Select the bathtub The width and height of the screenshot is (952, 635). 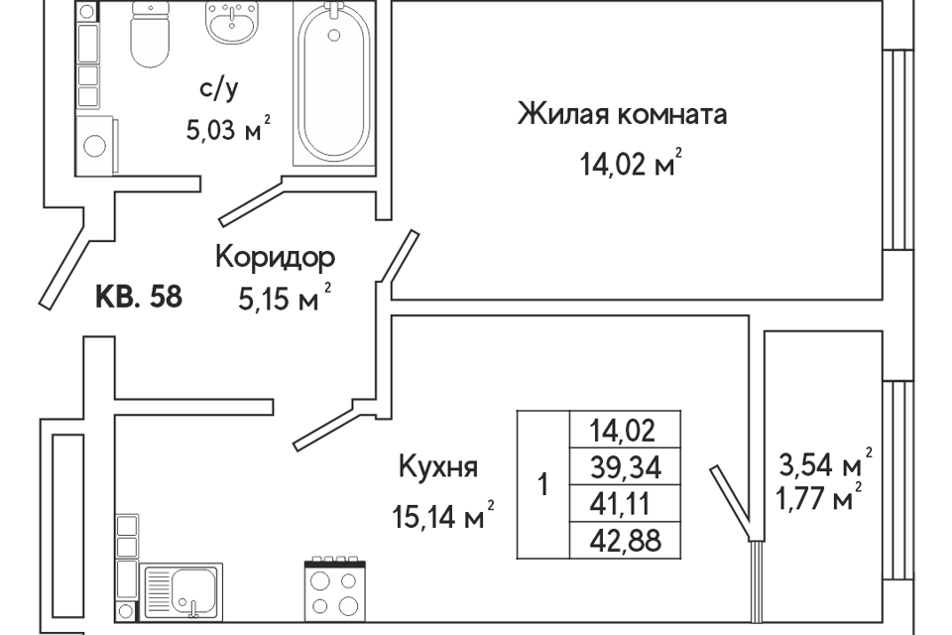(334, 82)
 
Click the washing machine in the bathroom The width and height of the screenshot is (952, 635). (97, 145)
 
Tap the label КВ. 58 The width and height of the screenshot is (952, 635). (139, 297)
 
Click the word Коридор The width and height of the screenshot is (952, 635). (275, 258)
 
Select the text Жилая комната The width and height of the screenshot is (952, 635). (623, 114)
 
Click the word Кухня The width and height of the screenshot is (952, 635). (438, 468)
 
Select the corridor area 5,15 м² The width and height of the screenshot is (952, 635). (285, 300)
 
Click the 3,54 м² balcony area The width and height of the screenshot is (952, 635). (826, 465)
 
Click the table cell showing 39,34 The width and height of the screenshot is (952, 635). (626, 467)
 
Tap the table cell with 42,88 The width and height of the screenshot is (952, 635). (626, 540)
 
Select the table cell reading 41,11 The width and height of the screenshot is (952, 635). (626, 504)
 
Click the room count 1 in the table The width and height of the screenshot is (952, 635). (543, 485)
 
